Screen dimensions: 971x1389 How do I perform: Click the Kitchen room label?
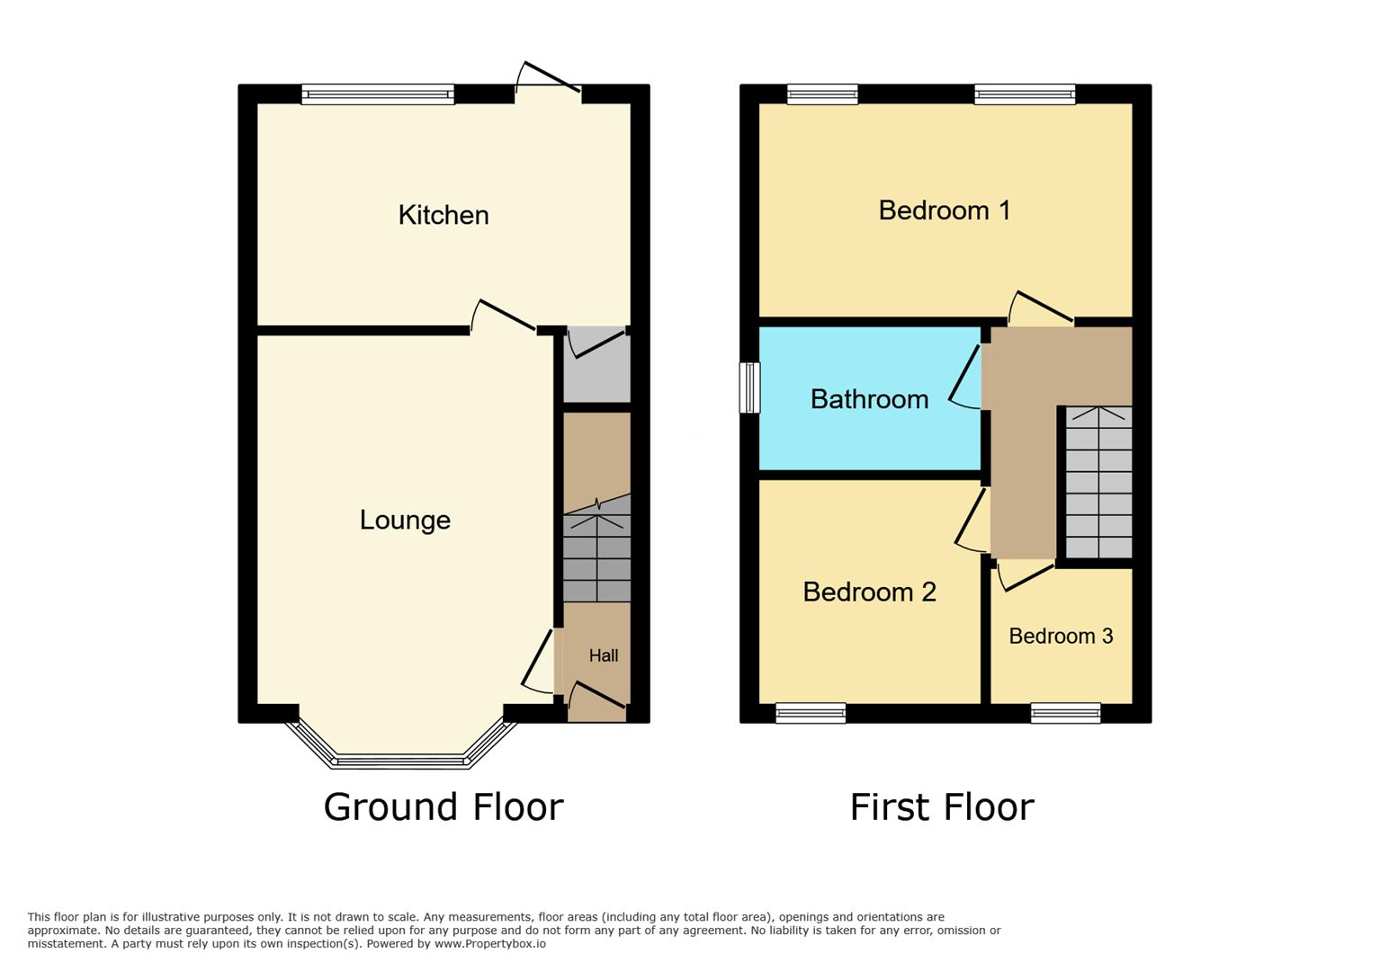click(x=444, y=215)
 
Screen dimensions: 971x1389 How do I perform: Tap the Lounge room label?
click(x=405, y=520)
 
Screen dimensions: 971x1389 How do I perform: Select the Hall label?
click(x=604, y=655)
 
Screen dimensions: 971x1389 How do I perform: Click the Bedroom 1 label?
click(x=945, y=210)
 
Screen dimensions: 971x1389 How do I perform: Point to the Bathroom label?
click(x=869, y=399)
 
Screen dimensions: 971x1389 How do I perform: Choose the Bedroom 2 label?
click(x=869, y=592)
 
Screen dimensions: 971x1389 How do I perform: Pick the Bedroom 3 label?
click(x=1061, y=637)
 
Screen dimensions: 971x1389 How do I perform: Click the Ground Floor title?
click(x=444, y=806)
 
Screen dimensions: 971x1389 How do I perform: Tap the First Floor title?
click(x=942, y=806)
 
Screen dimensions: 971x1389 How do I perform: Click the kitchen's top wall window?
click(x=378, y=94)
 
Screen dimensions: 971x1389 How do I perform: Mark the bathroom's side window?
click(x=749, y=388)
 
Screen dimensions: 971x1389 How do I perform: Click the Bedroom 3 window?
click(x=1066, y=714)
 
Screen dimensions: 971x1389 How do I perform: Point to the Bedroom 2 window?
click(x=811, y=714)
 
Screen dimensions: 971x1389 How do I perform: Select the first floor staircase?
click(x=1098, y=483)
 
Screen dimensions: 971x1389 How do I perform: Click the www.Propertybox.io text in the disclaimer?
click(x=490, y=944)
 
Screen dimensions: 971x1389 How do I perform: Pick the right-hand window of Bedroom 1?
click(x=1025, y=94)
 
